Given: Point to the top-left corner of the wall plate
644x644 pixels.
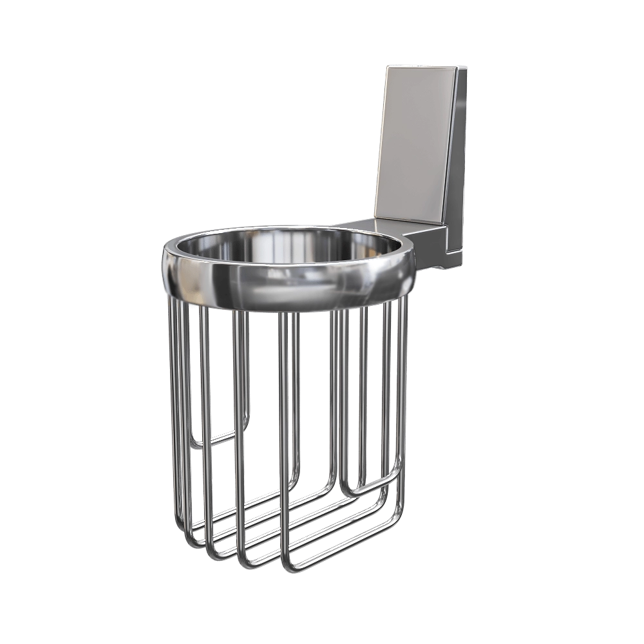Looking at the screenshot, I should pyautogui.click(x=388, y=67).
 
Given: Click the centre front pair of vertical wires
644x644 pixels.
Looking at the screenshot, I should pyautogui.click(x=287, y=419).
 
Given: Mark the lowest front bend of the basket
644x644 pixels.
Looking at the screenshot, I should pyautogui.click(x=293, y=567).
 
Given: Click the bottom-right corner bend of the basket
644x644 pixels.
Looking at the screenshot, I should pyautogui.click(x=399, y=509).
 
